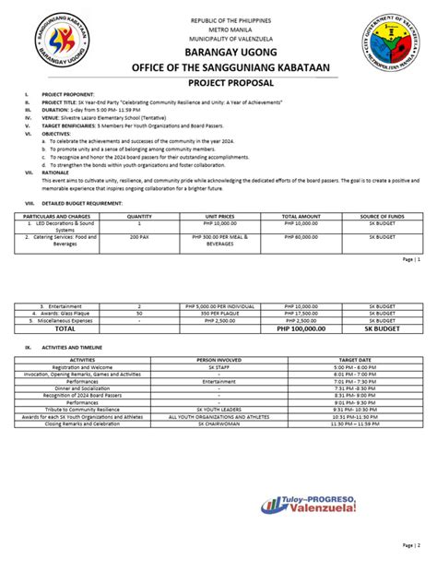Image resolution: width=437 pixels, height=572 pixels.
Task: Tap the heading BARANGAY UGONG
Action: pos(218,56)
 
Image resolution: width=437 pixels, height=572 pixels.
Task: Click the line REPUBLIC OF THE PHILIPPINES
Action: pos(218,19)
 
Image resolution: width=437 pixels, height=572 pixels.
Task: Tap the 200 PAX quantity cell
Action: pos(139,236)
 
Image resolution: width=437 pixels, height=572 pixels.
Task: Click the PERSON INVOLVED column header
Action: pos(219,359)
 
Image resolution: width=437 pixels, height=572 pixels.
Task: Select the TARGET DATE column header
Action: pos(355,359)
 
